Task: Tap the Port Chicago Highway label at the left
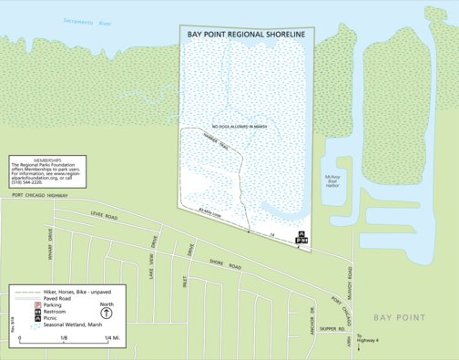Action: tap(40, 195)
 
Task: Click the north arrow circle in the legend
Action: tap(107, 311)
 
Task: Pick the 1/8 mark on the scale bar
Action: tap(64, 338)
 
